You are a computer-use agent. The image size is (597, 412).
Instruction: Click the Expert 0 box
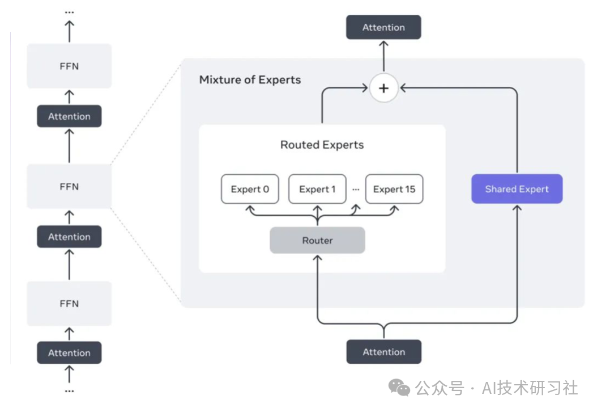[250, 189]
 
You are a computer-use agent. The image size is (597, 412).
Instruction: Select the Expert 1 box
[317, 189]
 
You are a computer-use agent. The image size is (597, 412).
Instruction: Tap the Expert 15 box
[394, 189]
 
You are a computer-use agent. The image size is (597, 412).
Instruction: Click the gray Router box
[317, 240]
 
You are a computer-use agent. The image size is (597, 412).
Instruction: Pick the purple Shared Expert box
[517, 189]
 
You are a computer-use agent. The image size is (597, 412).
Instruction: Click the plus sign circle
[384, 89]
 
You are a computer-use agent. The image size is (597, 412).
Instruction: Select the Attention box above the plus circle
[383, 27]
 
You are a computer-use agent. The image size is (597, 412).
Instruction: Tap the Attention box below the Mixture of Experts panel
[383, 352]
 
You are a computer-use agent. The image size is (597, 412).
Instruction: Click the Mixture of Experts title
[250, 79]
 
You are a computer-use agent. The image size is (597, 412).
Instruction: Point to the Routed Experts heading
[322, 145]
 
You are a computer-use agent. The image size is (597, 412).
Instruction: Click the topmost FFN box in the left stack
[69, 66]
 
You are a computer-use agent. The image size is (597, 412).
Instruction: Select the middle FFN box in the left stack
[69, 186]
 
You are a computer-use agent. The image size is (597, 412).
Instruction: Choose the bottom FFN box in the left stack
[69, 304]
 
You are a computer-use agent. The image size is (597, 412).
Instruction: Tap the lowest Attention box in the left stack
[69, 352]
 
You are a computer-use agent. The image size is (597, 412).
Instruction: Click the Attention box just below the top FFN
[69, 116]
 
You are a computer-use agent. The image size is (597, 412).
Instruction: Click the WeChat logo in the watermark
[399, 388]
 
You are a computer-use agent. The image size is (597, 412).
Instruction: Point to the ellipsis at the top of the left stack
[70, 11]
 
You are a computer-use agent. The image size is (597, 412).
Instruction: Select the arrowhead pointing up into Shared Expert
[517, 208]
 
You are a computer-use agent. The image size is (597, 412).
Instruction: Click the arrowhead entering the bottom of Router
[317, 258]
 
